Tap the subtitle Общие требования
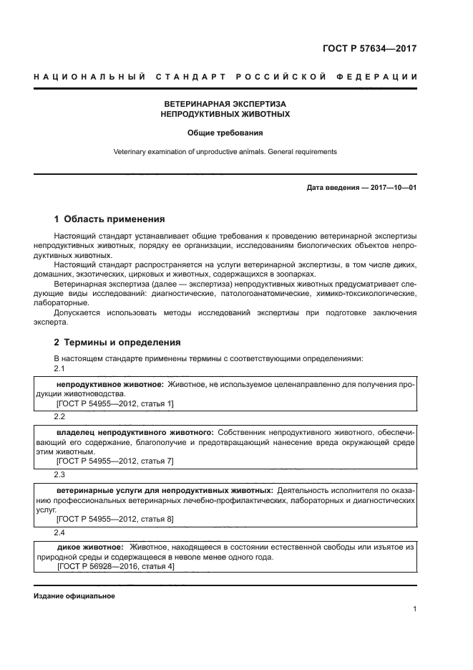[x=225, y=133]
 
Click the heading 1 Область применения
[x=109, y=219]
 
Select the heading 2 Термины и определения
[x=117, y=343]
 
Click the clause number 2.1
[x=59, y=368]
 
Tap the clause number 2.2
[x=59, y=416]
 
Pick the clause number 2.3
[x=59, y=474]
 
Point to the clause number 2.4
[x=59, y=532]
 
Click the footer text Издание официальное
[x=74, y=596]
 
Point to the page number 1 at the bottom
[x=414, y=609]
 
